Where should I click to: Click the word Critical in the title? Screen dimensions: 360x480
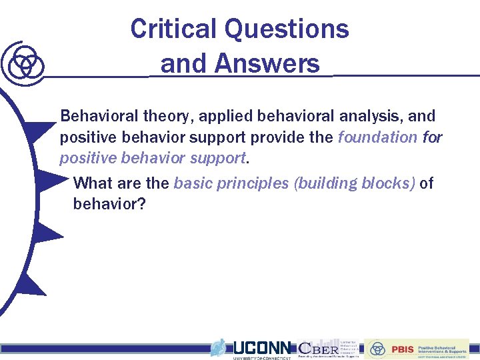173,29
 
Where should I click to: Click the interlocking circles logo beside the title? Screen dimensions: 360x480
24,63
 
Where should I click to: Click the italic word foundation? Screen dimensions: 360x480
377,138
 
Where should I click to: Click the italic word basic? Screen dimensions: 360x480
192,183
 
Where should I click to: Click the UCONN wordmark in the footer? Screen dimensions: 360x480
261,348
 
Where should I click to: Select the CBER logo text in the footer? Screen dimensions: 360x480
318,348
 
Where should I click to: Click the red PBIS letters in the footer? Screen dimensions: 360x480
403,349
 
